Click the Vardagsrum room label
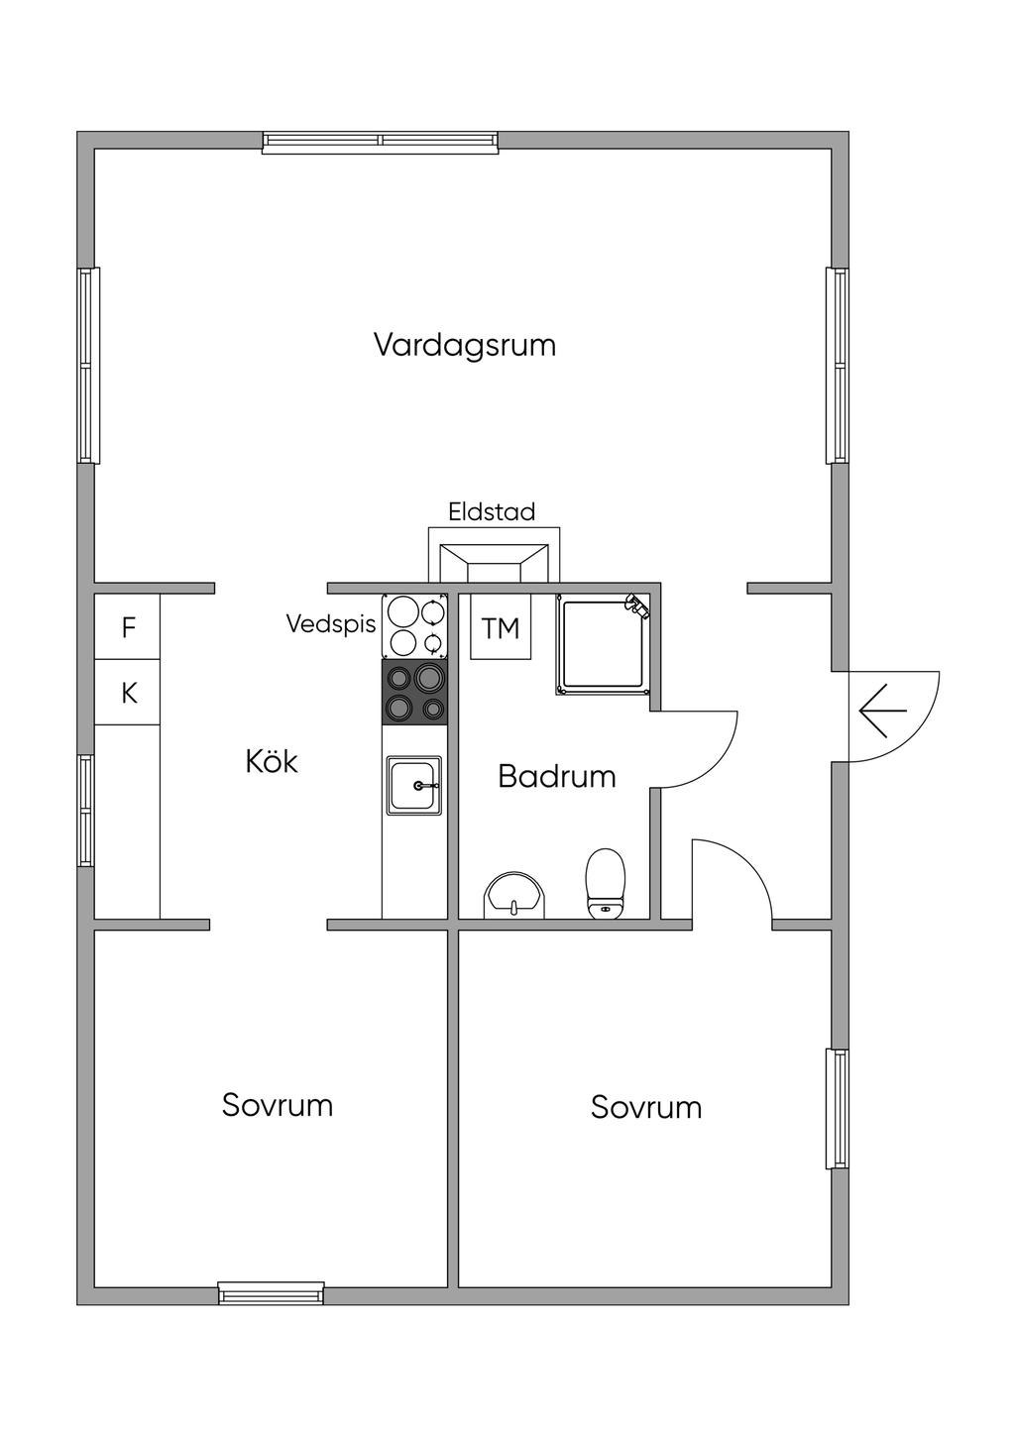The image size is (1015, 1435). [x=464, y=345]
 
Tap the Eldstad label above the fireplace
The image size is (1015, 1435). [x=492, y=511]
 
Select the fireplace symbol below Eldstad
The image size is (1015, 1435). [x=494, y=562]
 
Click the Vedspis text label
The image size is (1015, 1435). [x=331, y=623]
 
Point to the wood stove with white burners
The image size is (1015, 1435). [x=414, y=625]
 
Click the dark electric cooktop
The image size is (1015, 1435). [x=414, y=692]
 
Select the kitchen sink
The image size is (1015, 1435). [x=414, y=785]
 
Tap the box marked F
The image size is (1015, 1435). [x=128, y=627]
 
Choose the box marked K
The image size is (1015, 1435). [x=128, y=693]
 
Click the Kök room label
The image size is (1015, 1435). [x=272, y=761]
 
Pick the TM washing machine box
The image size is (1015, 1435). [x=501, y=627]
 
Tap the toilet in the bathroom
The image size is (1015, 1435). [x=606, y=882]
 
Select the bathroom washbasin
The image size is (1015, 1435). [x=514, y=896]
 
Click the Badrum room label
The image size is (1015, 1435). [x=556, y=776]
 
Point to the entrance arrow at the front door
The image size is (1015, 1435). [x=882, y=712]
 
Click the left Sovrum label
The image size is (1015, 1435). [x=278, y=1105]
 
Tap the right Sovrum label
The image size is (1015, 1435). [x=646, y=1107]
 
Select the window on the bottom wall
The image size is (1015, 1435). [x=271, y=1293]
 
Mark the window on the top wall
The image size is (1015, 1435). [x=380, y=143]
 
